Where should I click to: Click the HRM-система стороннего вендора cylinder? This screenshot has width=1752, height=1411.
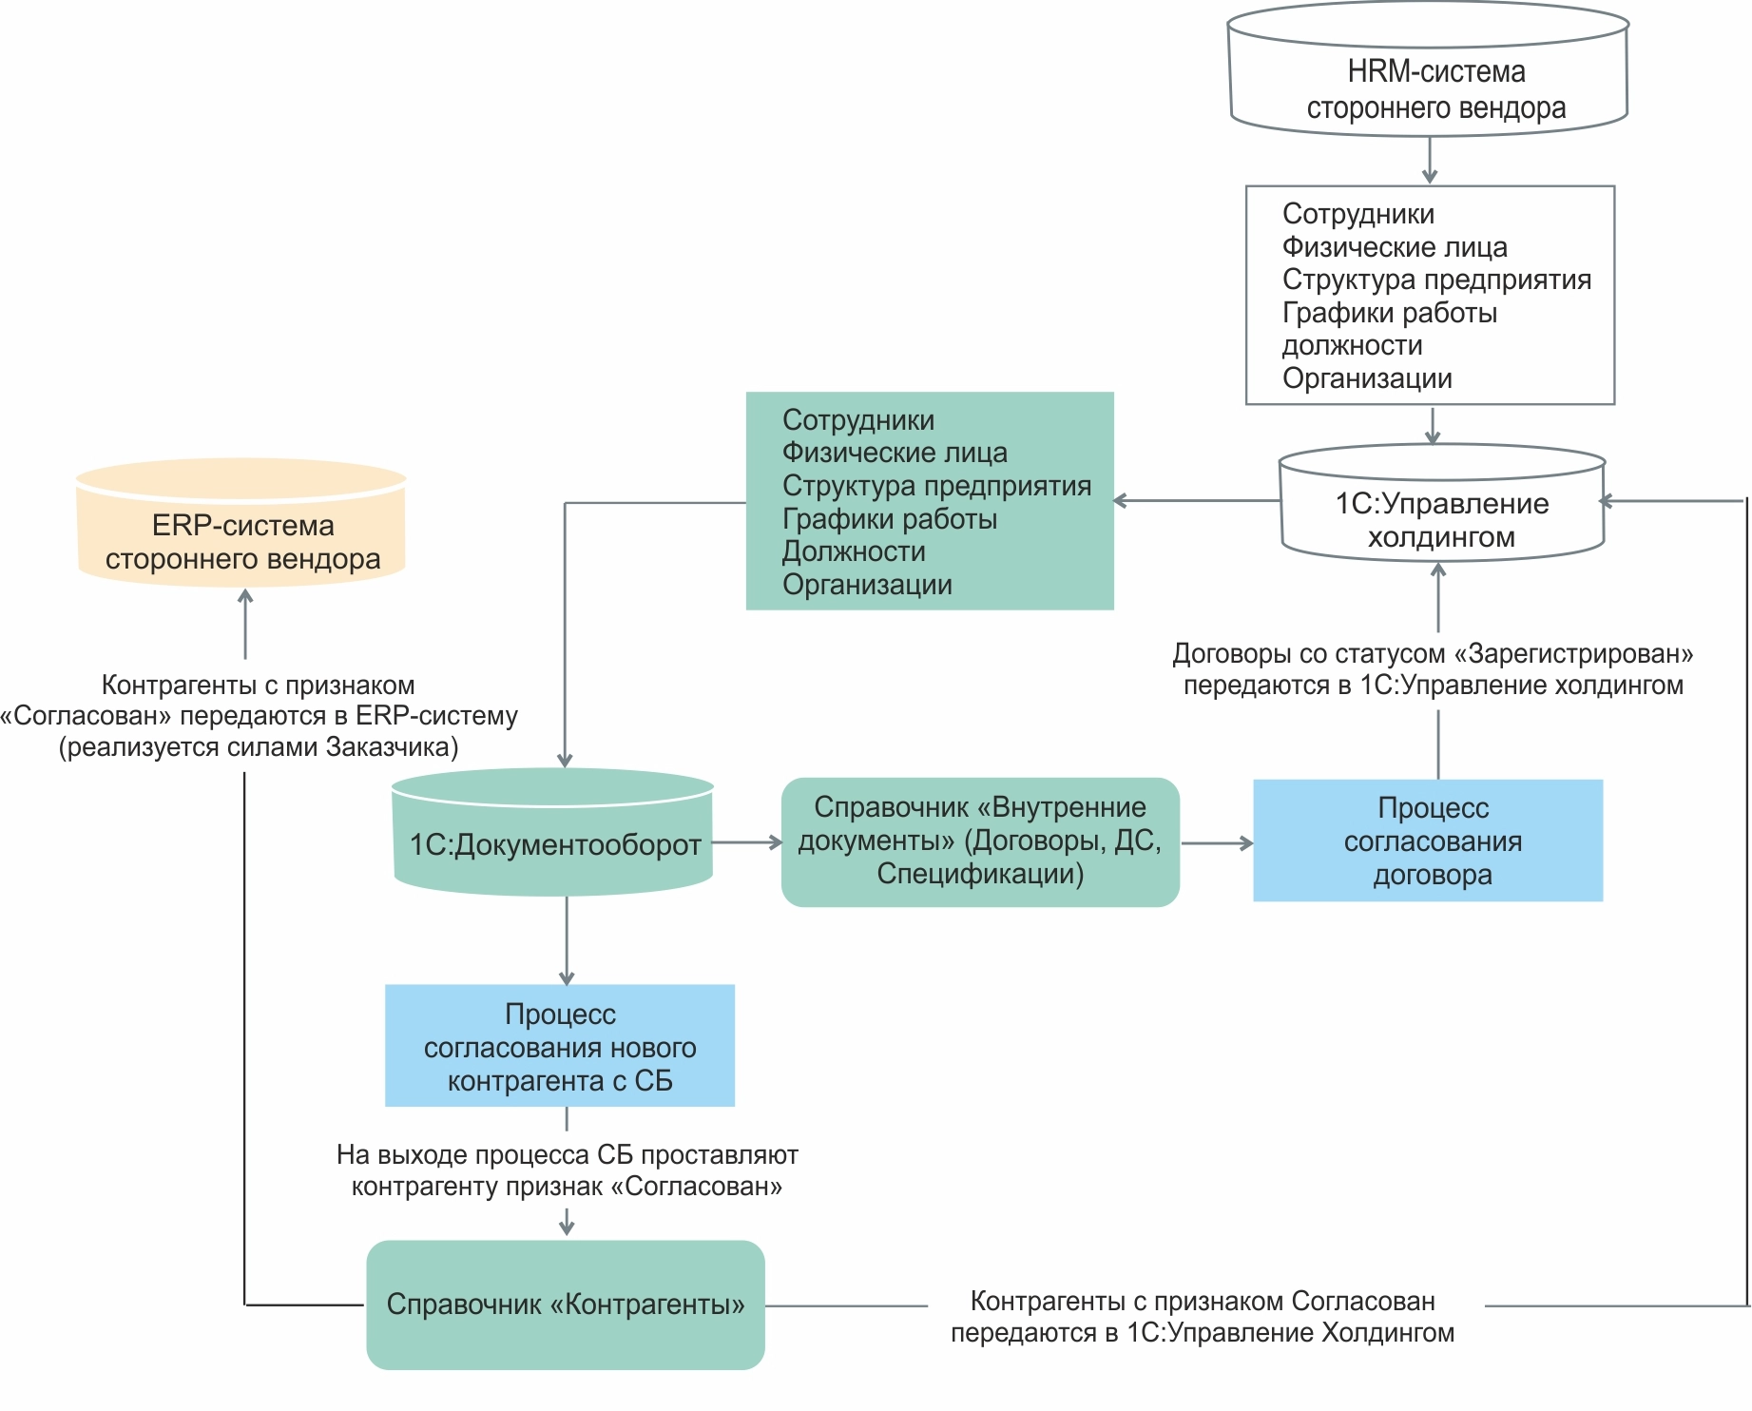click(1429, 71)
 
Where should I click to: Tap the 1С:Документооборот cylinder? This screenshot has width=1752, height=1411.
click(553, 837)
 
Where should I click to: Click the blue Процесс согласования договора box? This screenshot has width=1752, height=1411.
click(1428, 841)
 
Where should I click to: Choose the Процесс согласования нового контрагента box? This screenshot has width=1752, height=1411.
click(560, 1046)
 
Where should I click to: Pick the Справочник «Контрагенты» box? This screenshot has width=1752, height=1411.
click(566, 1304)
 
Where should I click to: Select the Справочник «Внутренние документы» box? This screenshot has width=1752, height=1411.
click(980, 841)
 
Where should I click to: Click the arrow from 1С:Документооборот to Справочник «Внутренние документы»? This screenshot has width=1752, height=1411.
click(747, 842)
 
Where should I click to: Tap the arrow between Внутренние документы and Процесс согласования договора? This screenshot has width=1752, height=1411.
click(1217, 843)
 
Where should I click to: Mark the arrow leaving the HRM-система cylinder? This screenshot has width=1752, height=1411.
click(1430, 160)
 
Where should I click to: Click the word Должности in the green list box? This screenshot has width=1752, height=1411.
click(854, 551)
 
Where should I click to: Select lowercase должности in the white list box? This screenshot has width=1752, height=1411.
click(1352, 345)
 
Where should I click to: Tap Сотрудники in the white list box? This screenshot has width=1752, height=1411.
click(1357, 214)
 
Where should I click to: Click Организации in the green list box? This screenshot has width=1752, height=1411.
click(867, 585)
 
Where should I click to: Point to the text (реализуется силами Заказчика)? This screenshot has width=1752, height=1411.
click(259, 747)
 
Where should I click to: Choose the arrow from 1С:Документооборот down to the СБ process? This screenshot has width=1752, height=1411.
click(567, 940)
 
